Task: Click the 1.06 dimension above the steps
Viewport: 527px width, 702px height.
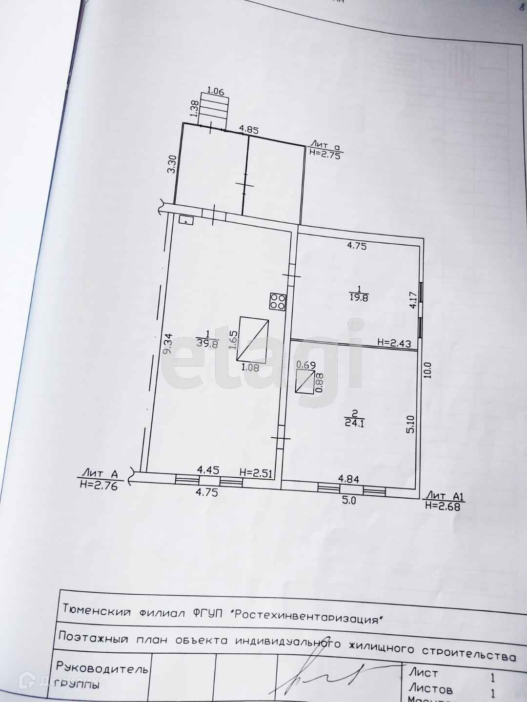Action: coord(215,90)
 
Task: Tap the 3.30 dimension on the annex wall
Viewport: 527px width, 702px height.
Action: coord(171,164)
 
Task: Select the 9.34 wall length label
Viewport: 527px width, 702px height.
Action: coord(167,343)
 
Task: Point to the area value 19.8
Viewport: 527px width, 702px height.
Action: coord(359,297)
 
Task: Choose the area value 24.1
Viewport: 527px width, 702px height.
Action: coord(355,423)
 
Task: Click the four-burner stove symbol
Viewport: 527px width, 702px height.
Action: coord(278,301)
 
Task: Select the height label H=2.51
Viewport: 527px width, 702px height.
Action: coord(255,472)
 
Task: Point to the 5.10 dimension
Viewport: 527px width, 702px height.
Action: coord(410,424)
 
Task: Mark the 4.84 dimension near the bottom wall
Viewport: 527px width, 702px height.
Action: coord(349,480)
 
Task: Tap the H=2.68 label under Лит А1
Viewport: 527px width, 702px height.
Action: coord(442,506)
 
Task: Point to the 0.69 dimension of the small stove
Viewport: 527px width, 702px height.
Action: coord(306,365)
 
